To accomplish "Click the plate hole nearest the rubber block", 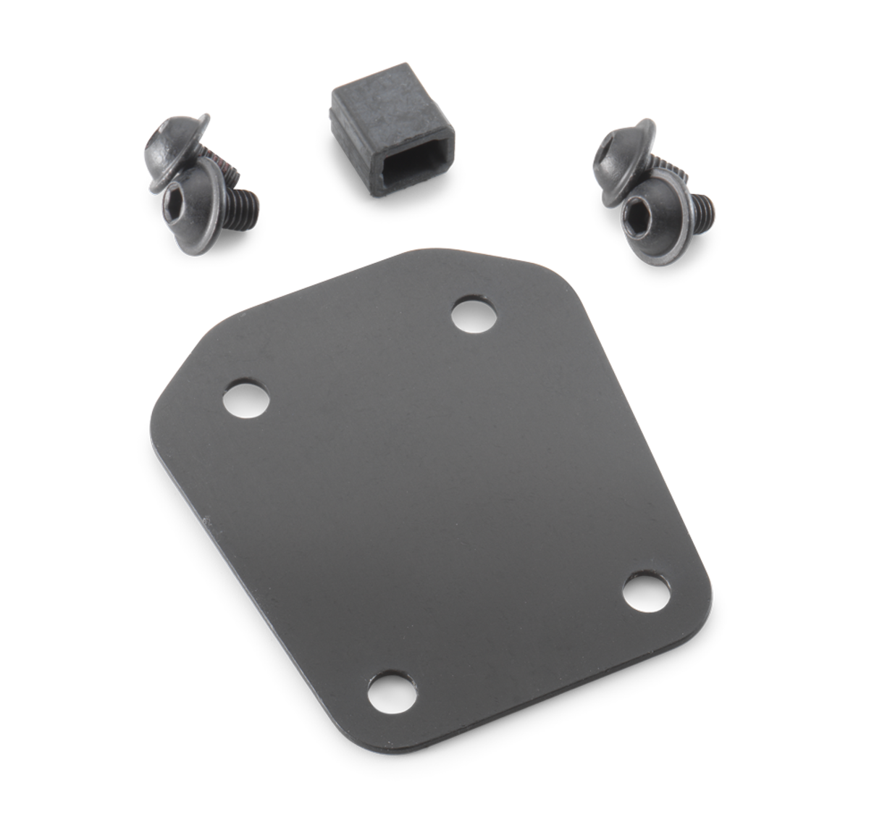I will point(474,315).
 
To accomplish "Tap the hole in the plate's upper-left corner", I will point(245,398).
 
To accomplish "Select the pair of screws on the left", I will point(199,177).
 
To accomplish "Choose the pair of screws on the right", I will point(648,185).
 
